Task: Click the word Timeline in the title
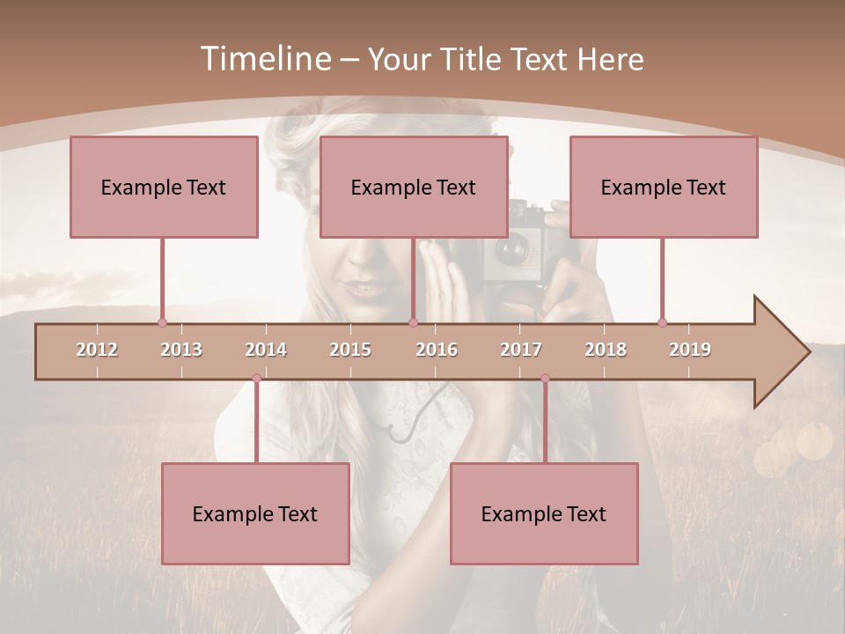(x=264, y=59)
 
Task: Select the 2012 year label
(x=97, y=350)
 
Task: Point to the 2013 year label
(x=181, y=350)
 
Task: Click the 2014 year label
(x=266, y=350)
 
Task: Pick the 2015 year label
(x=350, y=350)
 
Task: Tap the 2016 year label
(x=437, y=350)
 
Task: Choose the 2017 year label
(x=521, y=350)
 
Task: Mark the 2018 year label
(x=606, y=350)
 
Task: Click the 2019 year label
(x=690, y=350)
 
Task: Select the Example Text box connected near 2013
(x=164, y=187)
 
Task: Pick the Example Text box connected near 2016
(x=414, y=187)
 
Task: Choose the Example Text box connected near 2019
(x=664, y=187)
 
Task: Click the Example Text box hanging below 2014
(x=255, y=513)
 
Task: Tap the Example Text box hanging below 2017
(x=544, y=513)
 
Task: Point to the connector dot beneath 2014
(x=256, y=379)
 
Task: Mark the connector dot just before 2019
(x=663, y=322)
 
